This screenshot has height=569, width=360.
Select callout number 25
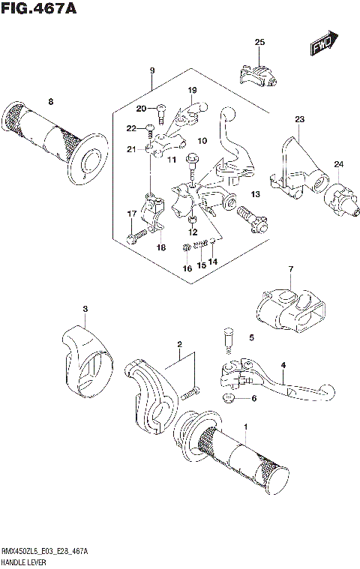(x=259, y=42)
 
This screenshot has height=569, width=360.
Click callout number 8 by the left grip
(x=51, y=101)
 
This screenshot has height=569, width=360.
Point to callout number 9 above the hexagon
(x=151, y=70)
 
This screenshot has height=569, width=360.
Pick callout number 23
(x=299, y=119)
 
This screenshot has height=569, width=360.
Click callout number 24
(x=338, y=164)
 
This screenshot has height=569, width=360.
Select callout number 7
(x=289, y=268)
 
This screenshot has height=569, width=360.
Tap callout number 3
(x=85, y=309)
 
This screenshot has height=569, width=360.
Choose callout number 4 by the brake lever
(x=283, y=365)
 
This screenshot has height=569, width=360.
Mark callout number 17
(x=130, y=214)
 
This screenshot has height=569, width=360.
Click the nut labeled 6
(x=229, y=397)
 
